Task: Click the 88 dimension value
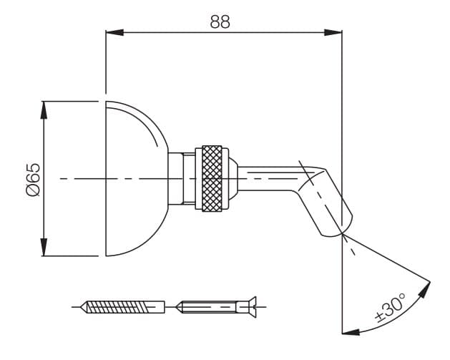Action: coord(220,21)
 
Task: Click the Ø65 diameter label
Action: coord(33,180)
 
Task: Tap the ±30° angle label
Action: coord(391,308)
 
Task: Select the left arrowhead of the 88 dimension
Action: coord(114,32)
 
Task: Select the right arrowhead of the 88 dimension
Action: coord(333,32)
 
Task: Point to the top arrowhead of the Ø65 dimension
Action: coord(44,110)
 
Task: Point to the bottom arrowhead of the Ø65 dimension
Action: coord(44,247)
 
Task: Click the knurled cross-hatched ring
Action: coord(212,178)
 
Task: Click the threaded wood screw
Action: coord(123,307)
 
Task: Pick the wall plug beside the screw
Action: coord(216,307)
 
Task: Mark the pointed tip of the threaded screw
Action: coord(82,307)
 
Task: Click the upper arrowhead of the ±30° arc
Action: coord(425,291)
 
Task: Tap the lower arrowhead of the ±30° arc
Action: coord(351,332)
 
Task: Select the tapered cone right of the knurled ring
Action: coord(233,178)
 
